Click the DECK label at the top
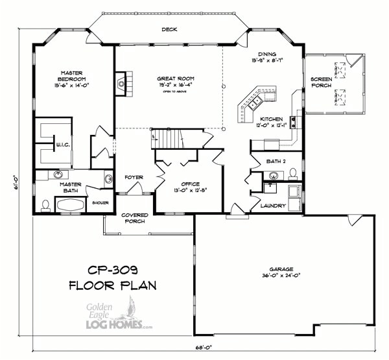[169, 29]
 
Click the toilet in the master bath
[45, 206]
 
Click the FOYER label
[134, 177]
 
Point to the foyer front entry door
[136, 189]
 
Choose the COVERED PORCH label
[134, 217]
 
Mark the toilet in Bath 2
[293, 173]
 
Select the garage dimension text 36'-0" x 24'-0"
[282, 274]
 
